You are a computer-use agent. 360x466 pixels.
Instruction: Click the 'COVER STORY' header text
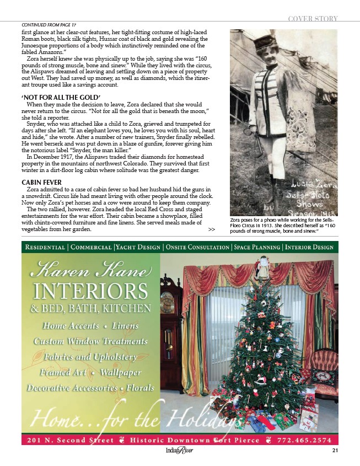tap(312, 19)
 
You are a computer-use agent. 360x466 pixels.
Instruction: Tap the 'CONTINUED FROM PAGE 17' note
tap(49, 25)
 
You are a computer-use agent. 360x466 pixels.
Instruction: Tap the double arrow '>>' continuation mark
tap(212, 229)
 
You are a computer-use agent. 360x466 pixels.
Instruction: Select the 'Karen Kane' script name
tap(91, 271)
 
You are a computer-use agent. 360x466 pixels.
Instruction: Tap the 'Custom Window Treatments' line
tap(91, 341)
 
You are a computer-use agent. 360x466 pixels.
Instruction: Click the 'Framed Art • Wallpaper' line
tap(91, 372)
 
